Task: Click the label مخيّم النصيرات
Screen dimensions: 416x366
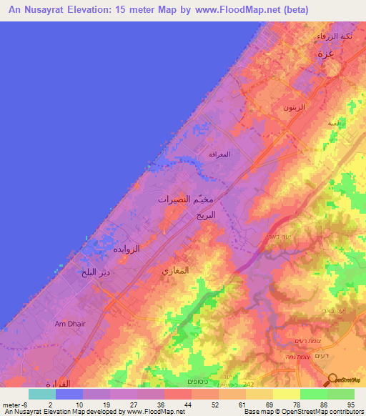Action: pyautogui.click(x=187, y=199)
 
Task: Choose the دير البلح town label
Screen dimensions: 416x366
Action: pyautogui.click(x=94, y=272)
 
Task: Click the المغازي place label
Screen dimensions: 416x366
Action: pyautogui.click(x=175, y=271)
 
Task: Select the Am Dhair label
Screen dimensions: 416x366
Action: pyautogui.click(x=70, y=324)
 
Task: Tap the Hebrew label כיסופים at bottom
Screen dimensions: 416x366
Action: pyautogui.click(x=206, y=382)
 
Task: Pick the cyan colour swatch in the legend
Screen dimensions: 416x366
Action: pyautogui.click(x=41, y=393)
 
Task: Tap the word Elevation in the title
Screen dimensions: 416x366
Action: pyautogui.click(x=93, y=10)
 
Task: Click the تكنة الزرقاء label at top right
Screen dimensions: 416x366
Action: pyautogui.click(x=332, y=36)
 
